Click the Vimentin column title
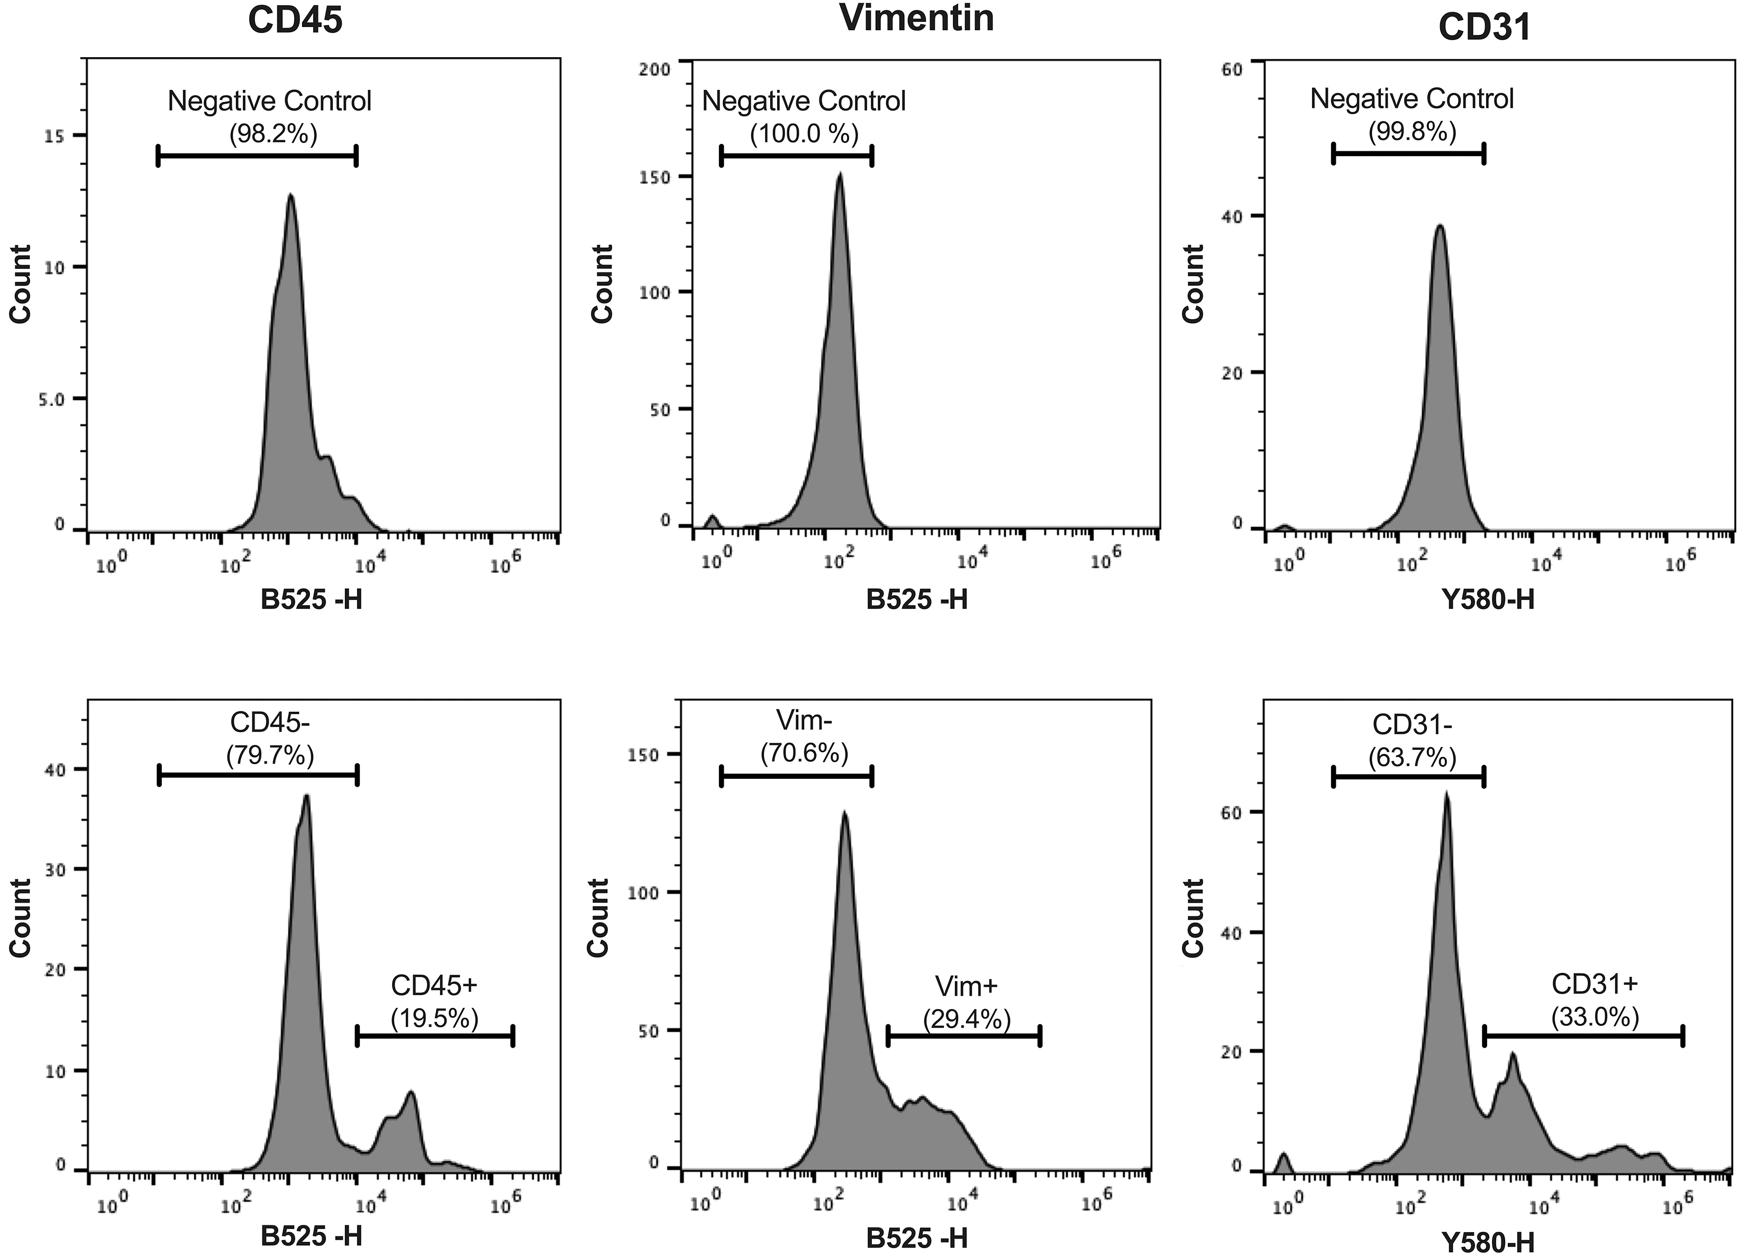click(x=917, y=17)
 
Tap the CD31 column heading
click(x=1473, y=28)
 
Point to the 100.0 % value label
click(x=804, y=135)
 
